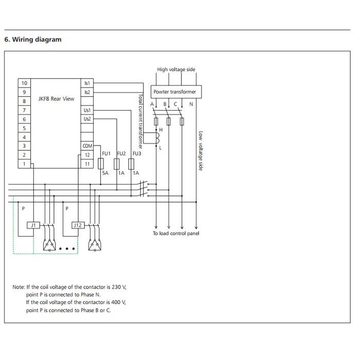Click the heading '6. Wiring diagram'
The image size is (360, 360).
[33, 39]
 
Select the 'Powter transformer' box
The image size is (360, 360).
[175, 92]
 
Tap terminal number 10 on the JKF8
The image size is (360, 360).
[24, 83]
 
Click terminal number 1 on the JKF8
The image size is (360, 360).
[24, 164]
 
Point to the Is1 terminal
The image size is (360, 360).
[87, 83]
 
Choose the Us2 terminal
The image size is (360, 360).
[87, 119]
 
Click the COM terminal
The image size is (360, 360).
[87, 146]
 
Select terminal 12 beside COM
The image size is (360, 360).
[87, 155]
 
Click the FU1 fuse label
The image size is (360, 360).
[106, 154]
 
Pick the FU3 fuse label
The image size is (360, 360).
[137, 154]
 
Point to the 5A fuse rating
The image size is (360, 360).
[105, 173]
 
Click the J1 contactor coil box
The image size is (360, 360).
[33, 225]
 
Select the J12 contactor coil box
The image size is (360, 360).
[78, 225]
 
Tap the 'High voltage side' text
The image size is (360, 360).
[176, 69]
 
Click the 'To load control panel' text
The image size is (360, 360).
[175, 233]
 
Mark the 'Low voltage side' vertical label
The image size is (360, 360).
[201, 150]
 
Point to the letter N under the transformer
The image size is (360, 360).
[191, 104]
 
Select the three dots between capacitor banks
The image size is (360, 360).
[67, 249]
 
